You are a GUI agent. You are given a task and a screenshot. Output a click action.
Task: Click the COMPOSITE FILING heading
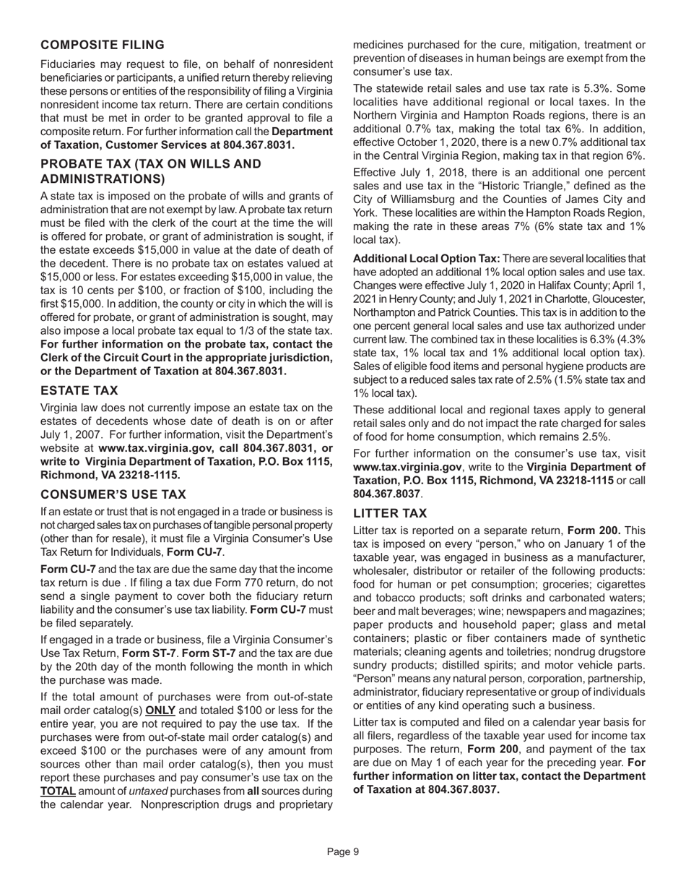click(x=103, y=45)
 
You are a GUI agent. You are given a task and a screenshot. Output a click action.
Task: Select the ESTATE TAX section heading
click(x=79, y=390)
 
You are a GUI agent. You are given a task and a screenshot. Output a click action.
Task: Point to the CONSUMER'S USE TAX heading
click(x=113, y=494)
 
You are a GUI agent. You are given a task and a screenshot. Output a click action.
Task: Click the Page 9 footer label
click(x=342, y=851)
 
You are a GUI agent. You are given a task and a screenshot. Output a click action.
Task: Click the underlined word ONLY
click(x=160, y=710)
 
